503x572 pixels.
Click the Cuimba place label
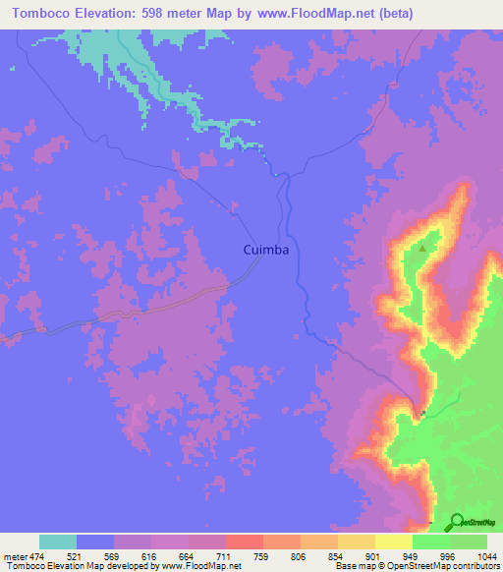265,251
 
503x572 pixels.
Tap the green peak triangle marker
423,249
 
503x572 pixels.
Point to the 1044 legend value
487,557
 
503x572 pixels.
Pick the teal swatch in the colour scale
58,542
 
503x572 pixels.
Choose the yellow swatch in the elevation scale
393,542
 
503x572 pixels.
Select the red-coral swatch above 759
244,542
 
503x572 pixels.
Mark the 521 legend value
58,557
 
